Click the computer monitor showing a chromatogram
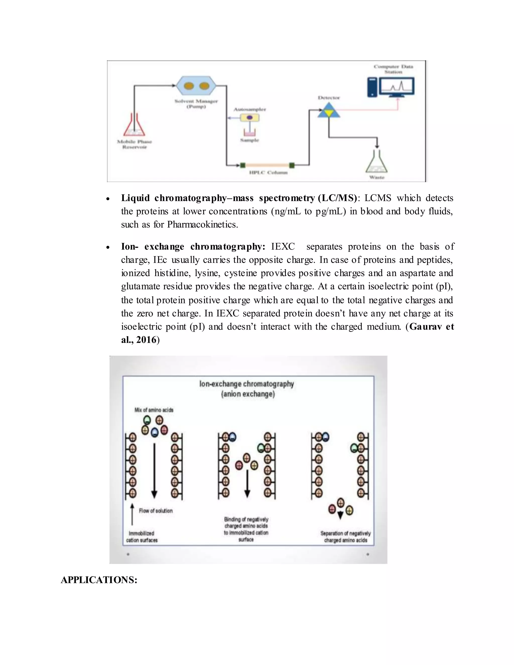[x=397, y=87]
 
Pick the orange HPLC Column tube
[x=267, y=165]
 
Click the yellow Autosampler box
[x=250, y=117]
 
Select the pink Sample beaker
[x=250, y=132]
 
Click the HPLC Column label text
[x=268, y=173]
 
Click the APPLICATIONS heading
[x=99, y=580]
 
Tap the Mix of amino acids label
[x=154, y=410]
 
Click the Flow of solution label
[x=156, y=511]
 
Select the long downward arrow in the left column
[x=154, y=471]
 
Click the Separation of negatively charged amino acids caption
[x=345, y=537]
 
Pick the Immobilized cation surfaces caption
[x=142, y=537]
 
